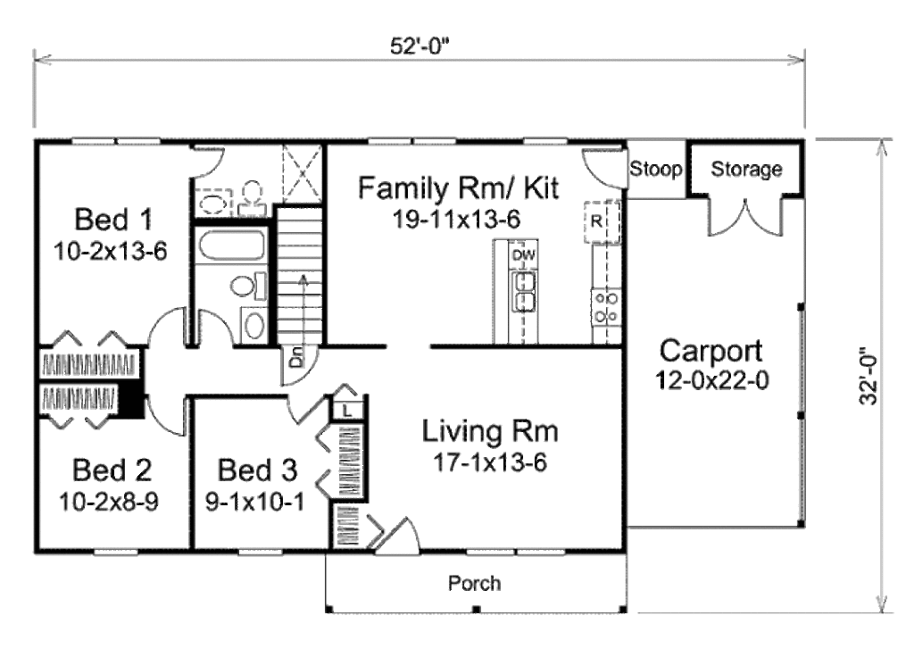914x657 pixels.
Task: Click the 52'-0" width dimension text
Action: tap(420, 47)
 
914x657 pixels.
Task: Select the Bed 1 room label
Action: tap(113, 218)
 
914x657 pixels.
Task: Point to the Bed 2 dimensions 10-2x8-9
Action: tap(112, 502)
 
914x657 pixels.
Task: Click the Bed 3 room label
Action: tap(258, 470)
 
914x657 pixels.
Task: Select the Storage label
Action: tap(747, 169)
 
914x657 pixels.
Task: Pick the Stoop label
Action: tap(656, 169)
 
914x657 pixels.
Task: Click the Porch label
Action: tap(474, 584)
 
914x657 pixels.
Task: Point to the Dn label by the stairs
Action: tap(296, 362)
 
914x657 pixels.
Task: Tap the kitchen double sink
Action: tap(525, 292)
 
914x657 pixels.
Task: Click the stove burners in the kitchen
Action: tap(607, 307)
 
